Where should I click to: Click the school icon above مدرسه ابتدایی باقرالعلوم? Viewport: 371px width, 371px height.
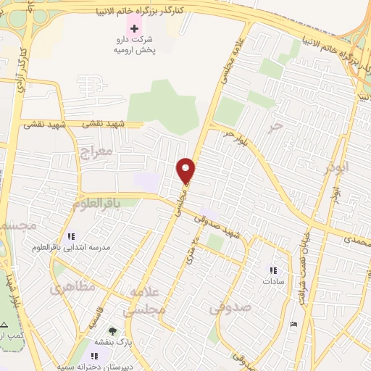point(71,236)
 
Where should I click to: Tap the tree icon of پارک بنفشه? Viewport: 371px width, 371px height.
point(111,330)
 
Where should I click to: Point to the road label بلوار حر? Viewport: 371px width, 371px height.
point(239,137)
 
